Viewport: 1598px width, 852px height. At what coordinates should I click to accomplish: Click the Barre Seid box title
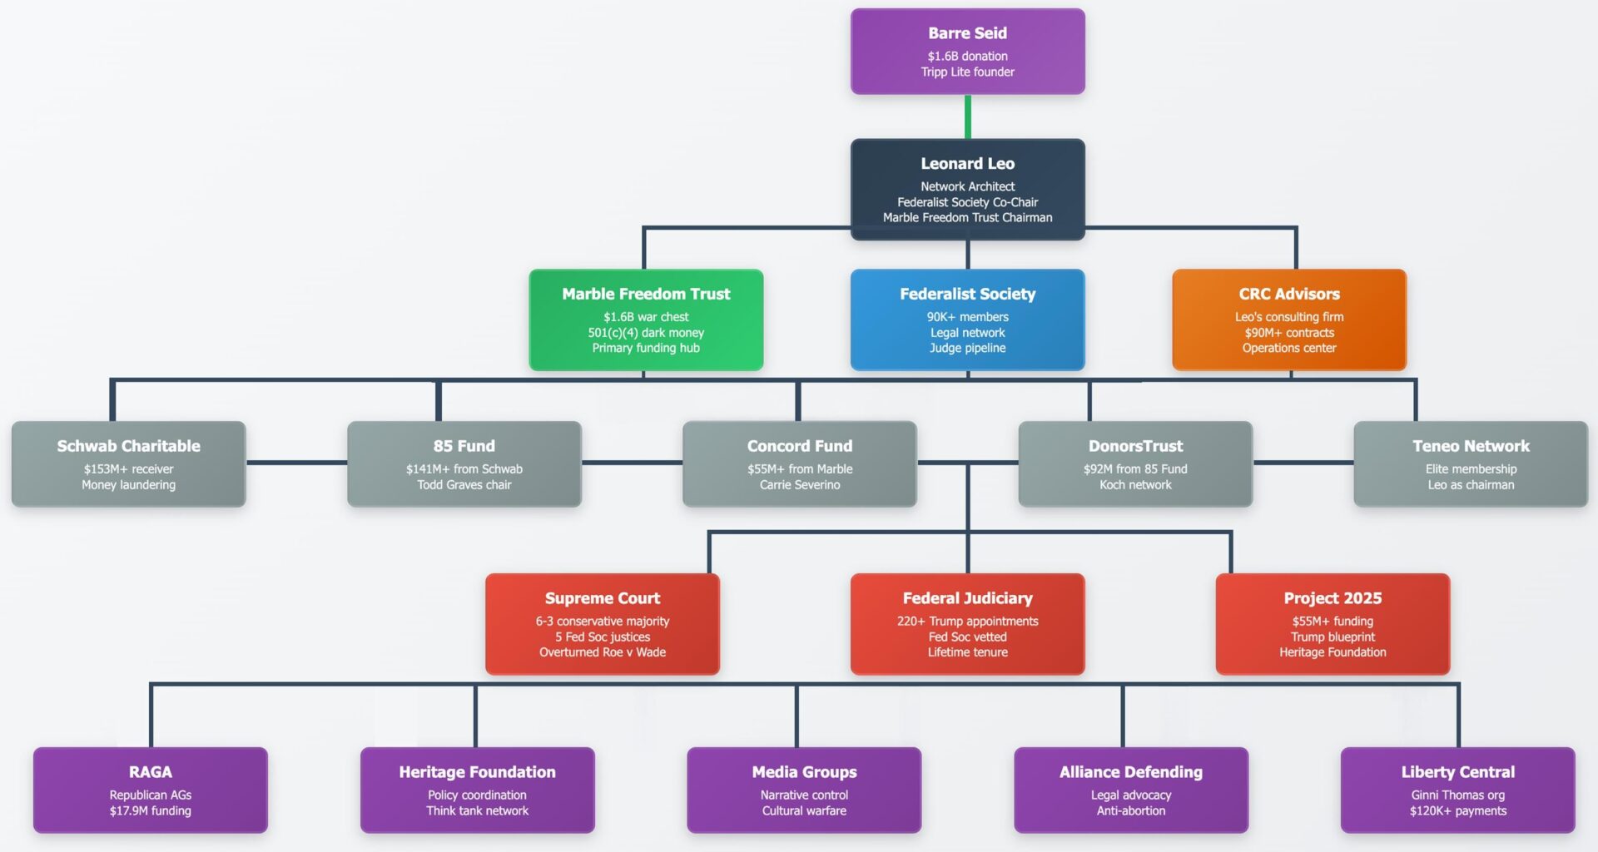pyautogui.click(x=967, y=33)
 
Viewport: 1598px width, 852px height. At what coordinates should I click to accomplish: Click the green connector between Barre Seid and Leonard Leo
pyautogui.click(x=967, y=116)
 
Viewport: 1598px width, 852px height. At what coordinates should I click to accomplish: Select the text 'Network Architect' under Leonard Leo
pyautogui.click(x=967, y=186)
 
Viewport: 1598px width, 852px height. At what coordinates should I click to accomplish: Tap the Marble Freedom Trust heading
pyautogui.click(x=646, y=294)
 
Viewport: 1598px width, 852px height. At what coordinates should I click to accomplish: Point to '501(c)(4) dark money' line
pyautogui.click(x=646, y=333)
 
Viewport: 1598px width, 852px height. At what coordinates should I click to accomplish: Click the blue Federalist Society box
pyautogui.click(x=967, y=319)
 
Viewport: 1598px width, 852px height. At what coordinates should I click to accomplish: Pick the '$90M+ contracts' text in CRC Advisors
pyautogui.click(x=1289, y=333)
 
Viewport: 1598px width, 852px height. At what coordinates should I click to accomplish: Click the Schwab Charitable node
pyautogui.click(x=128, y=463)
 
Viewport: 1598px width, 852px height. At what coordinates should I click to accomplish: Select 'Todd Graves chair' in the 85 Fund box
pyautogui.click(x=464, y=485)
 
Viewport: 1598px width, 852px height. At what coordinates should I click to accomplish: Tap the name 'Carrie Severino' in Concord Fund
pyautogui.click(x=799, y=485)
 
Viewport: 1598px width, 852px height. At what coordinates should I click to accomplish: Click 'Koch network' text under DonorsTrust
pyautogui.click(x=1135, y=485)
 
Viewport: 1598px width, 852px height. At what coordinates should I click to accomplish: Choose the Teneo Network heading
pyautogui.click(x=1471, y=446)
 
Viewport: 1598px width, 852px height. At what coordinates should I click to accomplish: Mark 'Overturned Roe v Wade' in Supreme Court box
pyautogui.click(x=603, y=652)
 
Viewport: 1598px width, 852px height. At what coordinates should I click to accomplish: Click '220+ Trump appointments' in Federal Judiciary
pyautogui.click(x=967, y=622)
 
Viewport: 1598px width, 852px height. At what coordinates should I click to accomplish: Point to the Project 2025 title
pyautogui.click(x=1332, y=598)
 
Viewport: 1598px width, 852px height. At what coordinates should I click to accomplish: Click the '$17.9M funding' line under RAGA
pyautogui.click(x=151, y=811)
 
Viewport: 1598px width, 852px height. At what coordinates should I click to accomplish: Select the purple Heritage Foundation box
pyautogui.click(x=477, y=790)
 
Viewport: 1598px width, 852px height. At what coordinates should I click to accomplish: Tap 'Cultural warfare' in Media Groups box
pyautogui.click(x=804, y=811)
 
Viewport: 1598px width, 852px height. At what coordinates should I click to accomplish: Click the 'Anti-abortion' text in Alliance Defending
pyautogui.click(x=1131, y=811)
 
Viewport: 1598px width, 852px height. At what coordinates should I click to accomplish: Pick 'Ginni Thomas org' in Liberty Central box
pyautogui.click(x=1457, y=795)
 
